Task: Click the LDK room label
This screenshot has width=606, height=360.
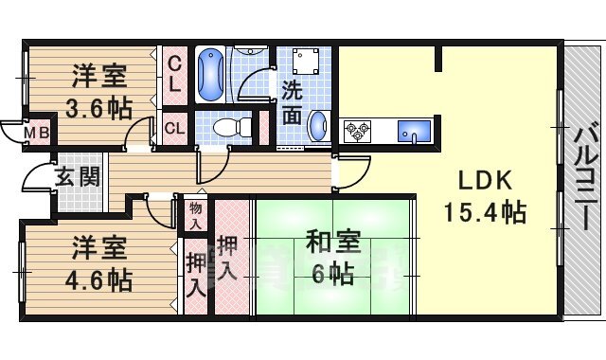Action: (486, 180)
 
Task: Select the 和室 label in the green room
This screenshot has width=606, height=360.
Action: (331, 242)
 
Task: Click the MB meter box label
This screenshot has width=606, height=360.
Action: (38, 133)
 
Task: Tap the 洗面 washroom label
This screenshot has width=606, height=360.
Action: (292, 105)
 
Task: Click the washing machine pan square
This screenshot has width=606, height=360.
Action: (304, 62)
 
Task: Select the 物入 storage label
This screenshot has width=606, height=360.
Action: (195, 214)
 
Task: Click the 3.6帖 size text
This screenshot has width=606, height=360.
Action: (98, 106)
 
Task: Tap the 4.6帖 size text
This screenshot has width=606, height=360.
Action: (98, 279)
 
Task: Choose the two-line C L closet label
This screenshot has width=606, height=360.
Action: (174, 74)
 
